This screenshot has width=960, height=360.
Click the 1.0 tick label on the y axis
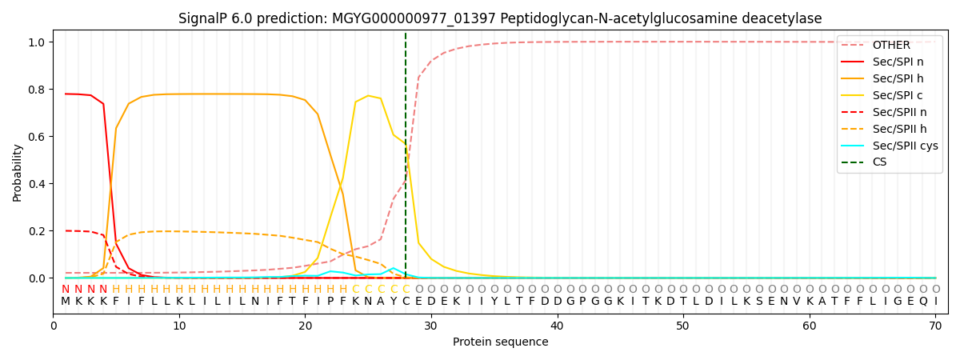[x=38, y=42]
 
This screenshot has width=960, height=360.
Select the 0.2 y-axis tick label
[x=38, y=231]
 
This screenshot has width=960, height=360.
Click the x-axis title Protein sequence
[x=500, y=342]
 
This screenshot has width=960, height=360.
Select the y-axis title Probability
[x=18, y=172]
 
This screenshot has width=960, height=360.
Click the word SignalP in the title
[x=203, y=18]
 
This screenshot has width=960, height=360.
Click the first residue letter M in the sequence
[x=66, y=302]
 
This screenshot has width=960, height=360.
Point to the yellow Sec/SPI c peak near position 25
[x=368, y=96]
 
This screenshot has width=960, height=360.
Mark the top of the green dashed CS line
[x=406, y=34]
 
